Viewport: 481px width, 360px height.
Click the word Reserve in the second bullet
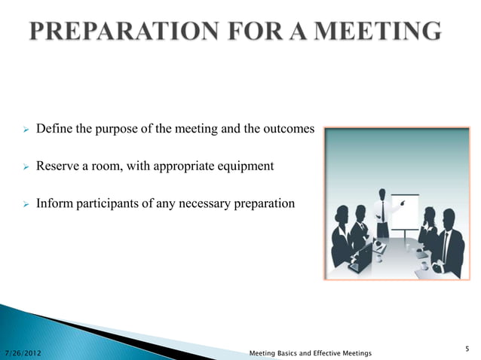pyautogui.click(x=56, y=166)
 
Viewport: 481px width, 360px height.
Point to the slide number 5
pyautogui.click(x=467, y=347)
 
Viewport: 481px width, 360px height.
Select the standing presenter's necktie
pyautogui.click(x=382, y=210)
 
